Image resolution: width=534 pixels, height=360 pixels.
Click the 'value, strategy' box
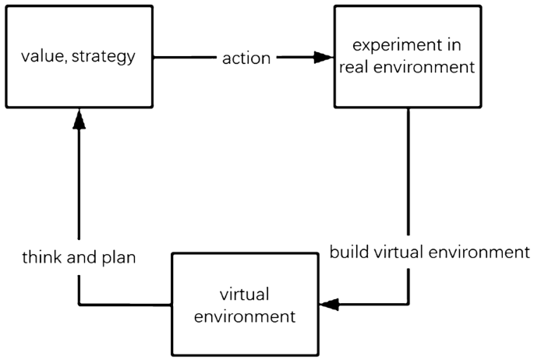pos(78,57)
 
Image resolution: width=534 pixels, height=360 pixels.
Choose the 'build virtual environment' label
pos(430,252)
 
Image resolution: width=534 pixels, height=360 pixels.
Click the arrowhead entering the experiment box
pos(323,57)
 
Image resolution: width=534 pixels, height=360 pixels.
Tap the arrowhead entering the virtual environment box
pos(330,305)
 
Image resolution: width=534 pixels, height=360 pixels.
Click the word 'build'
pos(347,252)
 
